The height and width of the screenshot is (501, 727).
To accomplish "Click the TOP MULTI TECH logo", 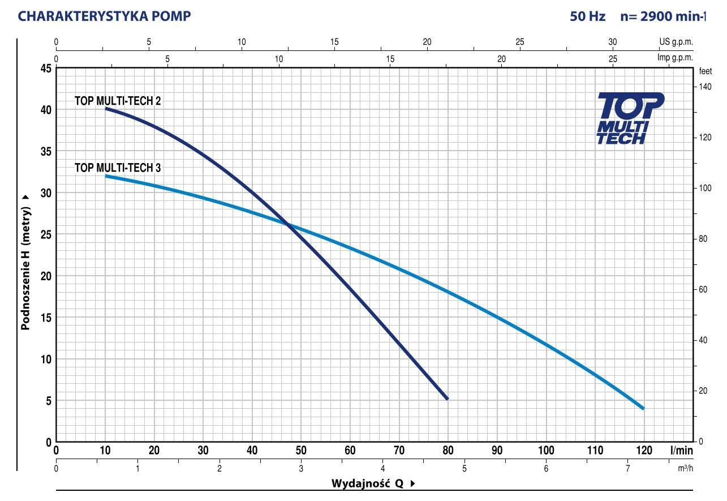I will (630, 119).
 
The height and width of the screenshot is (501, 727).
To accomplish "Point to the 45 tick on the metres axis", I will (45, 68).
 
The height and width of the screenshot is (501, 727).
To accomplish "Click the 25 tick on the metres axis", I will (45, 234).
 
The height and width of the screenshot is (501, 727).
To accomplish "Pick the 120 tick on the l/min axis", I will (644, 451).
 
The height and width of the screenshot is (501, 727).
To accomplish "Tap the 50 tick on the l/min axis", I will (301, 451).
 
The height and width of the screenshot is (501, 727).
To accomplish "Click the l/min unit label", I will (681, 451).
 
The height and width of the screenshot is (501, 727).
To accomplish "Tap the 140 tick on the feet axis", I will (704, 87).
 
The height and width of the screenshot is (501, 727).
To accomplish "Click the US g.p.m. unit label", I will (676, 42).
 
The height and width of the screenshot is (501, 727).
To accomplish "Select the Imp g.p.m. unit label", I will (675, 58).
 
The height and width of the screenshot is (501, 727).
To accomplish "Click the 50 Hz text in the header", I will (588, 16).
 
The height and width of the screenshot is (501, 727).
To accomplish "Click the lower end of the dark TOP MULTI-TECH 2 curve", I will (448, 399).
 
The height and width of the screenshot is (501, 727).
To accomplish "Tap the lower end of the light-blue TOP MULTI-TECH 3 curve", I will (643, 408).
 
